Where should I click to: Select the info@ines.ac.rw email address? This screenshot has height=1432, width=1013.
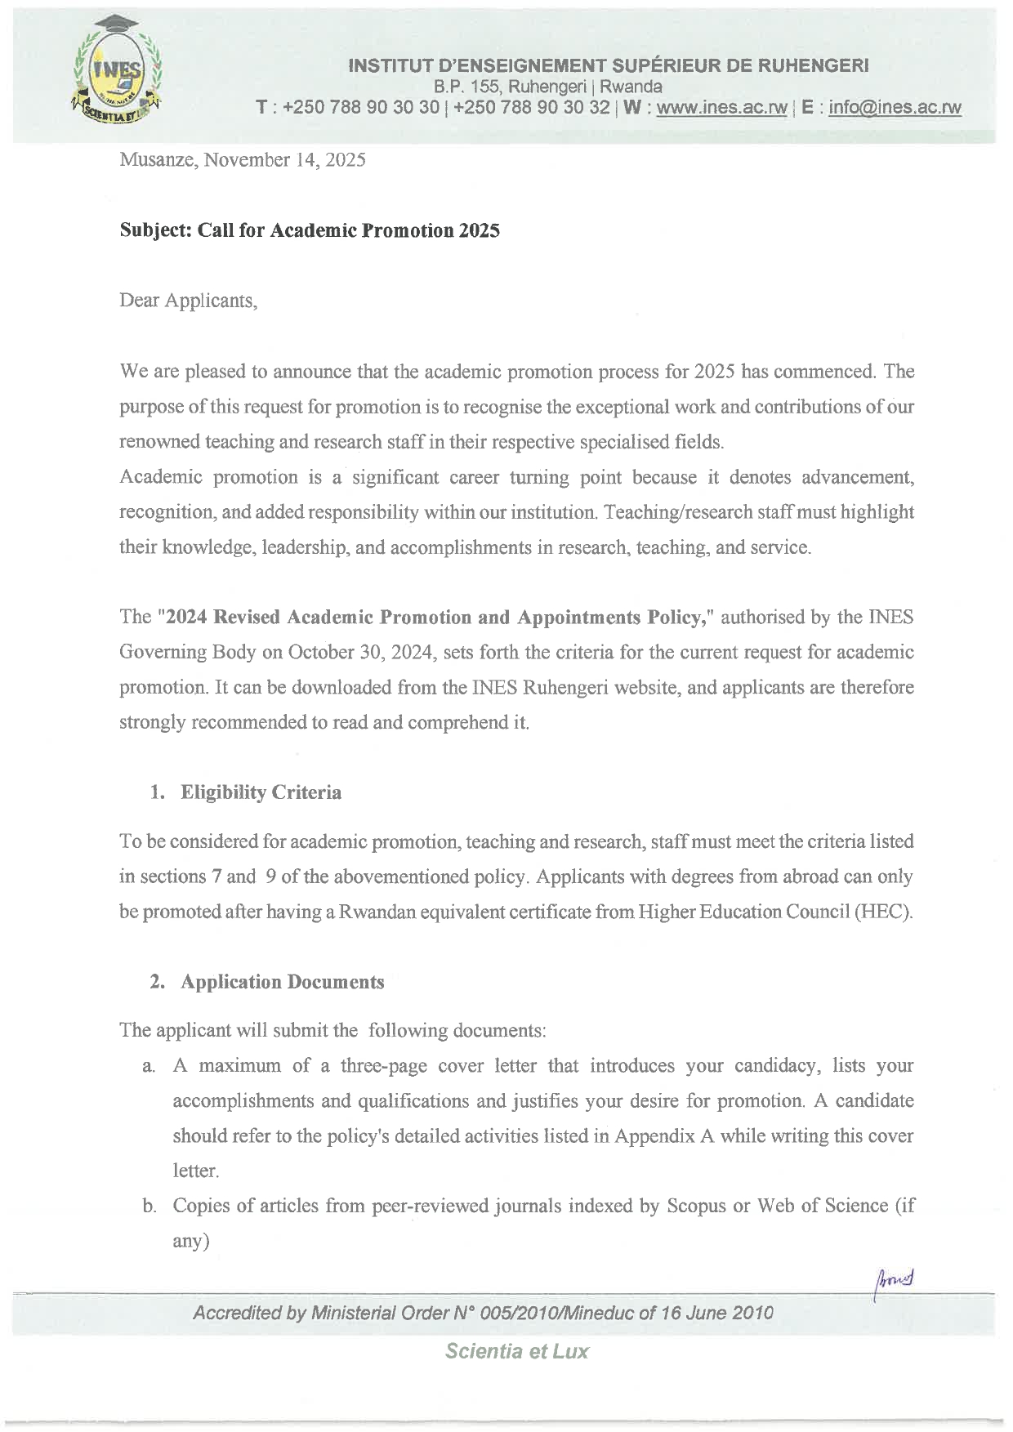coord(895,108)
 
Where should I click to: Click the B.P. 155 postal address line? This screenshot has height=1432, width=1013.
coord(547,87)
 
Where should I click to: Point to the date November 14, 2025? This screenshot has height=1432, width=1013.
coord(284,160)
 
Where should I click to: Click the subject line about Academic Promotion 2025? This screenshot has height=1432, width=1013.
coord(310,230)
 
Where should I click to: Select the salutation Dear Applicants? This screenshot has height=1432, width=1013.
coord(189,301)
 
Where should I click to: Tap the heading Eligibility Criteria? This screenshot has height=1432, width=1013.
coord(261,792)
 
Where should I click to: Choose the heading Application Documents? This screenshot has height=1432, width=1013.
coord(282,981)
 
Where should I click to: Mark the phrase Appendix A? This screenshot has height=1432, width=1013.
coord(656,1135)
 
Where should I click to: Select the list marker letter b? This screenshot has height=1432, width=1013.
coord(149,1206)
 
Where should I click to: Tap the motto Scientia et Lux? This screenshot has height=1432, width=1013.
coord(516,1351)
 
